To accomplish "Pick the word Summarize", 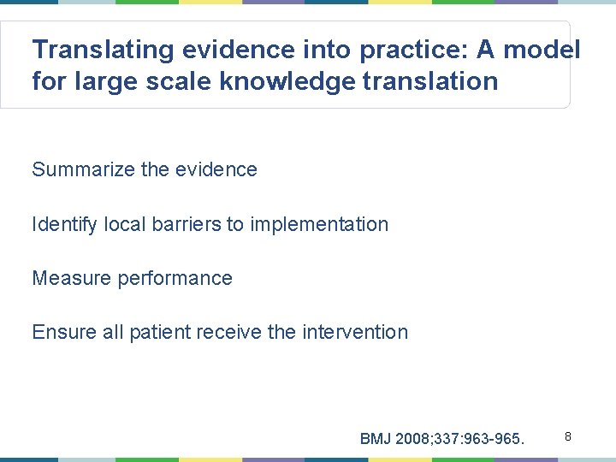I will pos(83,169).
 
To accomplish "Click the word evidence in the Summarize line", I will pos(216,169).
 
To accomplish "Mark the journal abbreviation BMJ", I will pos(376,439).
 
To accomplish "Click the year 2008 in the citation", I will pos(415,439).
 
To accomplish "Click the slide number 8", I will pos(566,437).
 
